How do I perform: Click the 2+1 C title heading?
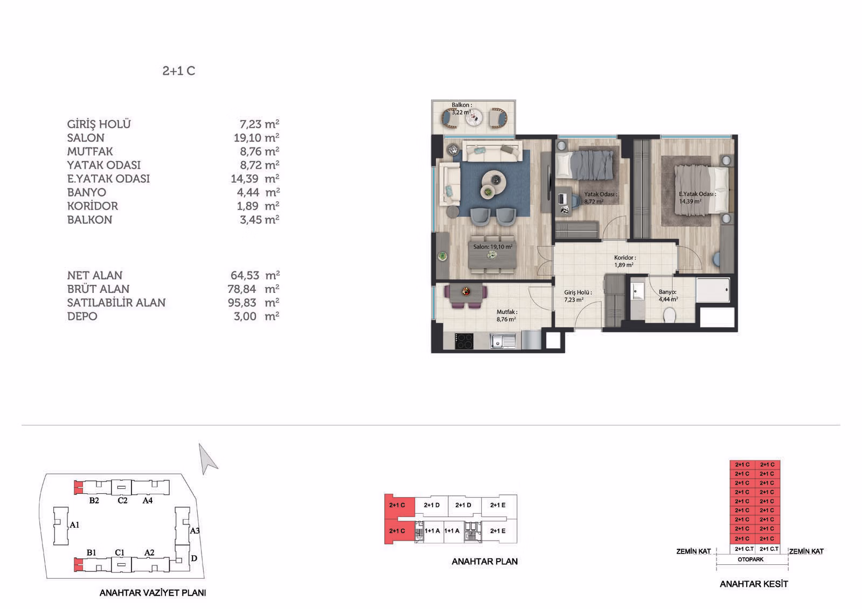(x=178, y=71)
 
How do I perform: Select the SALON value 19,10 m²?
(x=256, y=137)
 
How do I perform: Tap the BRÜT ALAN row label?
(x=98, y=289)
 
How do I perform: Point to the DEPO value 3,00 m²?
(x=256, y=316)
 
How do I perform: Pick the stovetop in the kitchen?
(x=464, y=341)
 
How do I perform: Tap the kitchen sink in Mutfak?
(x=503, y=341)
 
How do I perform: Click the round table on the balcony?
(x=474, y=117)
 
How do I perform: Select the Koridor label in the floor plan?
(x=624, y=257)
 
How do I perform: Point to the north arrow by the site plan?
(x=207, y=459)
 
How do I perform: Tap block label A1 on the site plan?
(x=74, y=525)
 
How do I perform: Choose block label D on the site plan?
(x=194, y=558)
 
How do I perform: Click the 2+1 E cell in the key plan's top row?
(x=498, y=505)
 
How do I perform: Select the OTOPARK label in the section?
(x=750, y=559)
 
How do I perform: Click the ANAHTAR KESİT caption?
(x=754, y=584)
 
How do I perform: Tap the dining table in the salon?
(x=492, y=255)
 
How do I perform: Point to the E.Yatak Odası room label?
(x=697, y=194)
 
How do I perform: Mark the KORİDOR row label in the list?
(x=92, y=206)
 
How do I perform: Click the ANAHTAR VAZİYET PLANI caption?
(x=153, y=593)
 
